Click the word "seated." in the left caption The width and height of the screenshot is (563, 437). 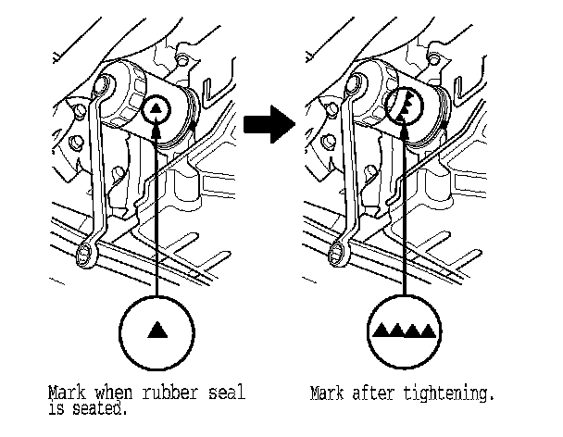tap(99, 406)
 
